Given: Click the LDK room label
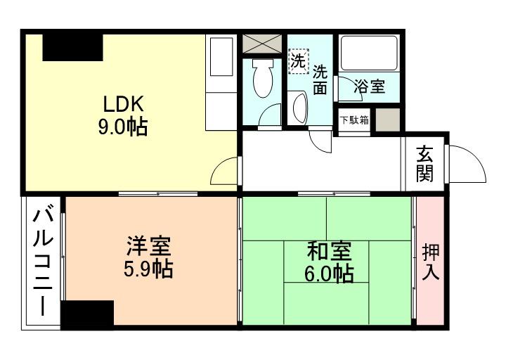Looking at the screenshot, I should click(x=124, y=105).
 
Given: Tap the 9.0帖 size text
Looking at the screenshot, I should click(x=124, y=128).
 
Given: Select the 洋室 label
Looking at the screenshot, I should click(x=148, y=247).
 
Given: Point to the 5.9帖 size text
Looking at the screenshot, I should click(x=148, y=269).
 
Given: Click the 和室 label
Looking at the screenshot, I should click(x=329, y=251).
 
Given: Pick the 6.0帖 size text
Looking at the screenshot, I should click(x=329, y=274).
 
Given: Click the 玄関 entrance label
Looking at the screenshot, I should click(x=424, y=163).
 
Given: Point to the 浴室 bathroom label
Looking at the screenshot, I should click(x=370, y=87).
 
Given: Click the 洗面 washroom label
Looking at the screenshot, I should click(x=320, y=79).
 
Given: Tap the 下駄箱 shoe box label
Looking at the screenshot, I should click(x=354, y=120).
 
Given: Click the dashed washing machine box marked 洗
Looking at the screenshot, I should click(x=298, y=60).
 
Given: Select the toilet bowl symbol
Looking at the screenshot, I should click(x=262, y=79).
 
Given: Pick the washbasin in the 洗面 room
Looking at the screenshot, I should click(x=299, y=110).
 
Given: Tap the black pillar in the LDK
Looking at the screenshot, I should click(x=72, y=49).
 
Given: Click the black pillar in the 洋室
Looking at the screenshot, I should click(x=87, y=314).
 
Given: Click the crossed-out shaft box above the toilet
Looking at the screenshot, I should click(x=262, y=42).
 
